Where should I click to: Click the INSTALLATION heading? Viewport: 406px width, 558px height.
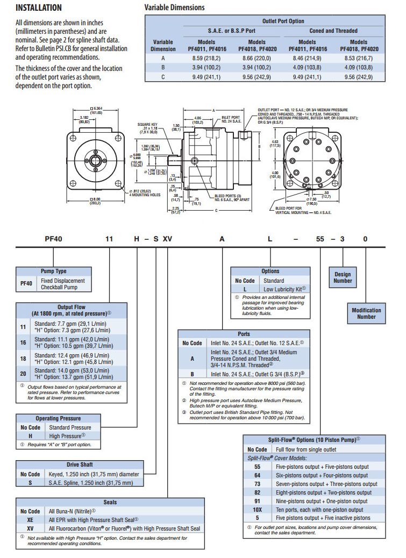click(38, 8)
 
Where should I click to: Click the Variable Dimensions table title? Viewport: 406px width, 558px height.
click(175, 8)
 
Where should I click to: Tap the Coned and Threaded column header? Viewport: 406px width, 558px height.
click(333, 31)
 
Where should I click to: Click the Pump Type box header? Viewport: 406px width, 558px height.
click(54, 271)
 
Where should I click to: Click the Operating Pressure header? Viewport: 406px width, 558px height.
click(58, 418)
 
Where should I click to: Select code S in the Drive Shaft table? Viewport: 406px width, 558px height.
click(30, 483)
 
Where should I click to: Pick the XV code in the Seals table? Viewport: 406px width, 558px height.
click(30, 528)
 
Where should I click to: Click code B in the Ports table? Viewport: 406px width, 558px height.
click(192, 374)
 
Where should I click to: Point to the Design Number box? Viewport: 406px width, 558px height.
click(343, 277)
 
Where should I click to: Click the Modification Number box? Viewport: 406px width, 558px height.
click(366, 313)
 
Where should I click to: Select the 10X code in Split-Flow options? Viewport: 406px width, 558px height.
click(257, 510)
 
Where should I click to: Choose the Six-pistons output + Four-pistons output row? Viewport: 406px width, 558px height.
click(322, 475)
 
